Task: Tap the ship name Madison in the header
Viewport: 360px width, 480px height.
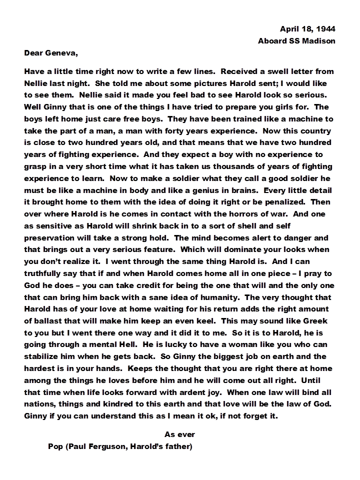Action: coord(318,40)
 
